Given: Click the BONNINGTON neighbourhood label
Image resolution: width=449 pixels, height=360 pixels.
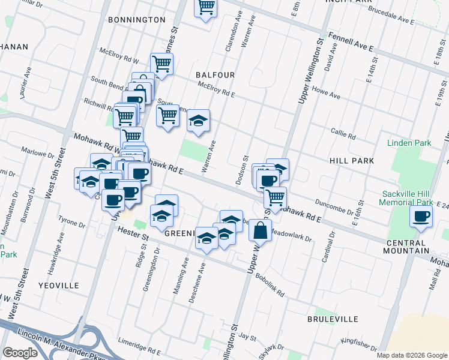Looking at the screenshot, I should [x=136, y=20].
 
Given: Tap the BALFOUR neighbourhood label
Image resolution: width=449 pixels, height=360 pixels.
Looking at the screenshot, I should [x=214, y=75].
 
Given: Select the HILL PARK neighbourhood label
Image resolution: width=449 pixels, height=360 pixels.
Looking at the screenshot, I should [x=351, y=161].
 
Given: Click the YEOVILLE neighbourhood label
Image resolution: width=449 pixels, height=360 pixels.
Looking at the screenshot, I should [x=58, y=286].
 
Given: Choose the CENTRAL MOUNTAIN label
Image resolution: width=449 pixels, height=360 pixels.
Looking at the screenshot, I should [x=407, y=250].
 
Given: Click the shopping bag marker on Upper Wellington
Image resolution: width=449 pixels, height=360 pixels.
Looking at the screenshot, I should [x=260, y=230].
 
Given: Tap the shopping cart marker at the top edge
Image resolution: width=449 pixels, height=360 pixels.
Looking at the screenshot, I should [x=206, y=7].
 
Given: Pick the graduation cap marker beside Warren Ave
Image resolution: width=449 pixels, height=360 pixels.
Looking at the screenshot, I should [x=198, y=121].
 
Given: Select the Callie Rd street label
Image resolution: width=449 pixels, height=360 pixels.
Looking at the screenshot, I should [x=343, y=134].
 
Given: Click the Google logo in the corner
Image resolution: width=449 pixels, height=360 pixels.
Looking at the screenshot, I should [x=20, y=353].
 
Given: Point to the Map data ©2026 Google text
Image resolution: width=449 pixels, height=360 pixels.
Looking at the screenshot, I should [x=411, y=355].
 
